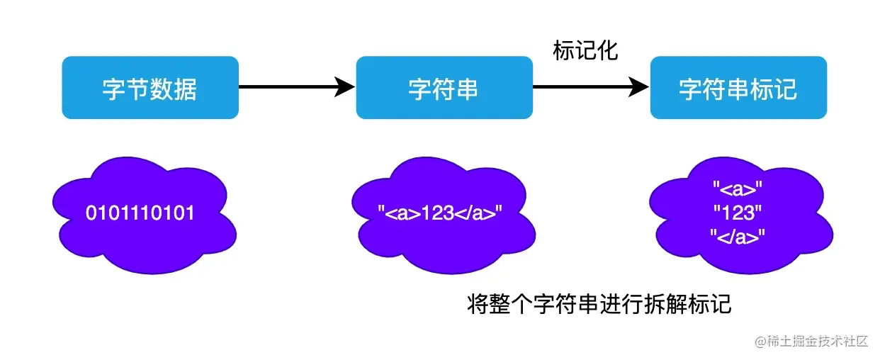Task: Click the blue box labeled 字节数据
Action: point(150,88)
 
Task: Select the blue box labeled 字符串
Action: point(444,88)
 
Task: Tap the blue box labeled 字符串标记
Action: point(738,88)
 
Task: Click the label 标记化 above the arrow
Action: point(585,51)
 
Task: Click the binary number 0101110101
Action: point(140,213)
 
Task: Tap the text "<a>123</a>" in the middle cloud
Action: point(440,213)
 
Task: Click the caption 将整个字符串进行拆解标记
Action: point(599,305)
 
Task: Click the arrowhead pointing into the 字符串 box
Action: point(345,87)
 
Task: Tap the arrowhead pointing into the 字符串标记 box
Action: point(640,87)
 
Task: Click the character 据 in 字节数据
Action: point(186,89)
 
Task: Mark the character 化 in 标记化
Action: point(607,51)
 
